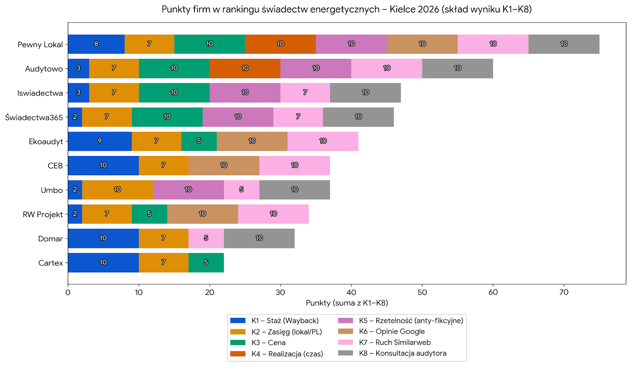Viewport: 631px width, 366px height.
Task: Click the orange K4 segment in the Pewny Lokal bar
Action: tap(280, 44)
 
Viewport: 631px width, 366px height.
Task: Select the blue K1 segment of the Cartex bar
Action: tap(103, 263)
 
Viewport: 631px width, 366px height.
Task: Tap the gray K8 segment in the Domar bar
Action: tap(259, 238)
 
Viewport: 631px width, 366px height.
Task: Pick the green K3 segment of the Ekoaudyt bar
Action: tap(199, 141)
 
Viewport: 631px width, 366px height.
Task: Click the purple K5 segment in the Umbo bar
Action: tap(188, 190)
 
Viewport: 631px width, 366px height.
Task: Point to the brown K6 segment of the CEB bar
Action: tap(224, 165)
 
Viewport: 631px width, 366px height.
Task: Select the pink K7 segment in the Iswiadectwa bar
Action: tap(305, 92)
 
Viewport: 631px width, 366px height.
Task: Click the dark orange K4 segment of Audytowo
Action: tap(245, 68)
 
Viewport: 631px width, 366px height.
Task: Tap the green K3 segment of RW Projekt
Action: tap(149, 214)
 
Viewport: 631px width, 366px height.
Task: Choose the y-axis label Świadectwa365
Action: tap(34, 117)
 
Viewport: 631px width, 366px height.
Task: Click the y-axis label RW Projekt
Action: tap(43, 214)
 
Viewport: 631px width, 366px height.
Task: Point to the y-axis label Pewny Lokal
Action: tap(40, 45)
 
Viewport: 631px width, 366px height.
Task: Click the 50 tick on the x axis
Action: tap(422, 293)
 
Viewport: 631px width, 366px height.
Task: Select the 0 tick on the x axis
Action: tap(68, 293)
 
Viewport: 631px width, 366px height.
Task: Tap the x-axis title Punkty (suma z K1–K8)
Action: tap(347, 303)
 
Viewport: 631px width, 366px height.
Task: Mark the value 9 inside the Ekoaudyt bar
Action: tap(100, 141)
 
